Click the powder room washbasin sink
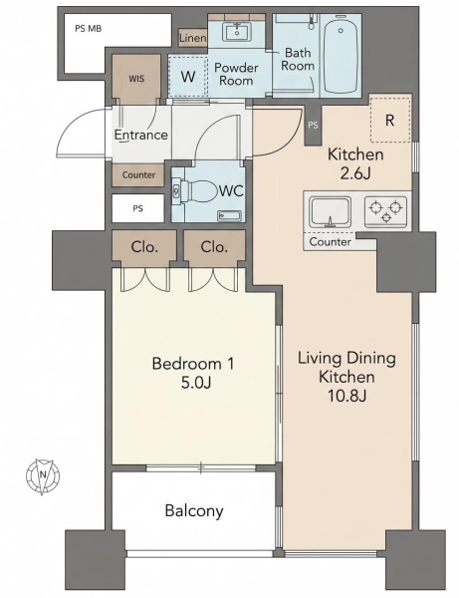(236, 31)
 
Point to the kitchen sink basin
(330, 212)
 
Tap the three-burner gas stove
(385, 211)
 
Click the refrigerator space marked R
(390, 120)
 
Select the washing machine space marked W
(188, 77)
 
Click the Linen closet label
(193, 38)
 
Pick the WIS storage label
(136, 79)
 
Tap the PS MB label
(88, 29)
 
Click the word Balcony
(194, 510)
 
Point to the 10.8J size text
(347, 397)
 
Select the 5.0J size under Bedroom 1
(196, 383)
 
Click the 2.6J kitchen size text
(355, 173)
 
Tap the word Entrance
(141, 135)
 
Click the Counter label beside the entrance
(138, 175)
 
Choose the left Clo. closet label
(144, 247)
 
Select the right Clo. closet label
(214, 247)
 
